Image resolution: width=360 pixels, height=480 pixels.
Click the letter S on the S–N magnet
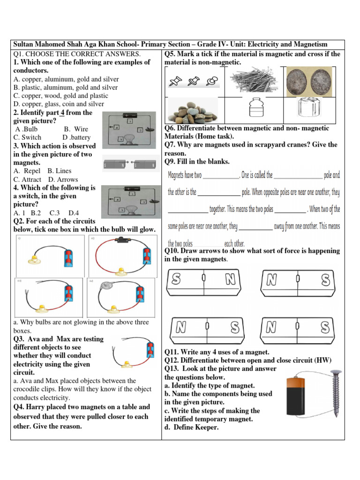pos(176,280)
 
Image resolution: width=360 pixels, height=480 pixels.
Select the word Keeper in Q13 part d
pos(205,427)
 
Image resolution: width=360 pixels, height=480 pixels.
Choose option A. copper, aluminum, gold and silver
pos(66,79)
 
